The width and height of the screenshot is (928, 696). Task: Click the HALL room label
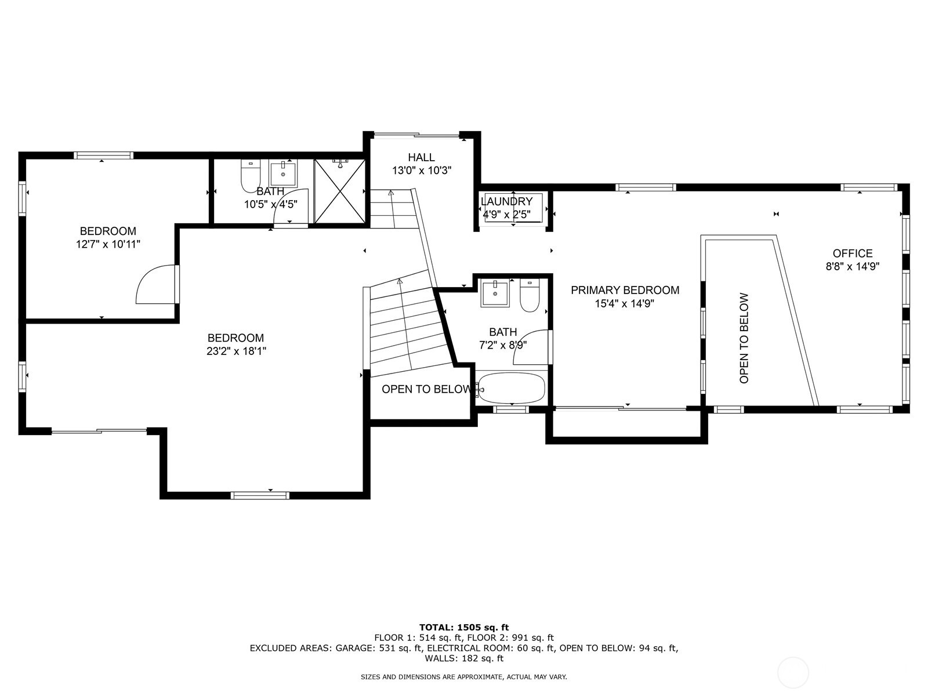[x=421, y=157]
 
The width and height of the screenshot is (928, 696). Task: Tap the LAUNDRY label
[x=506, y=202]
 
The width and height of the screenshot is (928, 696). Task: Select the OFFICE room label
[x=852, y=253]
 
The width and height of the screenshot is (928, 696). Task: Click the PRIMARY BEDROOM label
[x=625, y=290]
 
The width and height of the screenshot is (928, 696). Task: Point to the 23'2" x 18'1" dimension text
[x=236, y=351]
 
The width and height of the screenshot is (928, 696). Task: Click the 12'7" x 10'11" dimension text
[x=108, y=245]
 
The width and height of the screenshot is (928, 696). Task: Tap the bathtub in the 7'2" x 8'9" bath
[x=512, y=389]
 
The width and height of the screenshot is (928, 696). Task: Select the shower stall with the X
[x=340, y=191]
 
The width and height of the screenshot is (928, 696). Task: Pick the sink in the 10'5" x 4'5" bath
[x=283, y=173]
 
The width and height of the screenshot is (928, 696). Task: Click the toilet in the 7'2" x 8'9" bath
[x=530, y=296]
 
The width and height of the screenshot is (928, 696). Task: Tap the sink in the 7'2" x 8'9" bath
[x=495, y=293]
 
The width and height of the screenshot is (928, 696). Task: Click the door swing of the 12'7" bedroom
[x=155, y=285]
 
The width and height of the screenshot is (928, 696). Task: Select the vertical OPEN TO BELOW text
[x=744, y=338]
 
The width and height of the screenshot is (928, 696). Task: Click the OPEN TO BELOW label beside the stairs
[x=426, y=389]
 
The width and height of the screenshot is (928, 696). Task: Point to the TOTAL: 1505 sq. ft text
[x=463, y=627]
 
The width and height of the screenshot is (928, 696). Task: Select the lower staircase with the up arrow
[x=406, y=328]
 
